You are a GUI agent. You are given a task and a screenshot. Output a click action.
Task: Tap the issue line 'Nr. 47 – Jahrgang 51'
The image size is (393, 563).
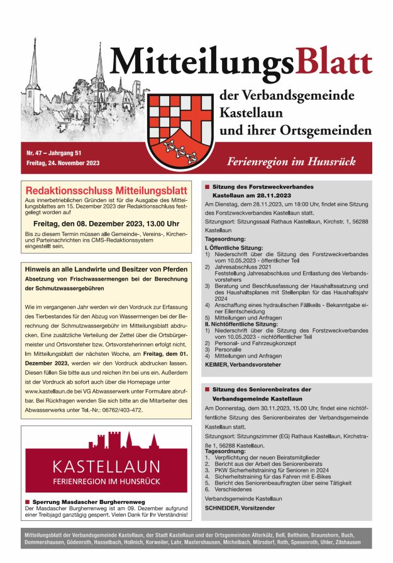59,153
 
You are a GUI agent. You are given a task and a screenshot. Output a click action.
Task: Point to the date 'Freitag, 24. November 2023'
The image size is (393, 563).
63,163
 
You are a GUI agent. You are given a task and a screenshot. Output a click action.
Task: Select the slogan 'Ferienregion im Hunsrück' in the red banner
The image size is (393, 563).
292,162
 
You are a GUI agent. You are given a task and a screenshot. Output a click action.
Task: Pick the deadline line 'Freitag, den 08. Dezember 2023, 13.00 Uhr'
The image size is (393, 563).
106,223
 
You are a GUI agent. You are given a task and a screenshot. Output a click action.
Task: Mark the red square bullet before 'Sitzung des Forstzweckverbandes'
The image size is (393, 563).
207,187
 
